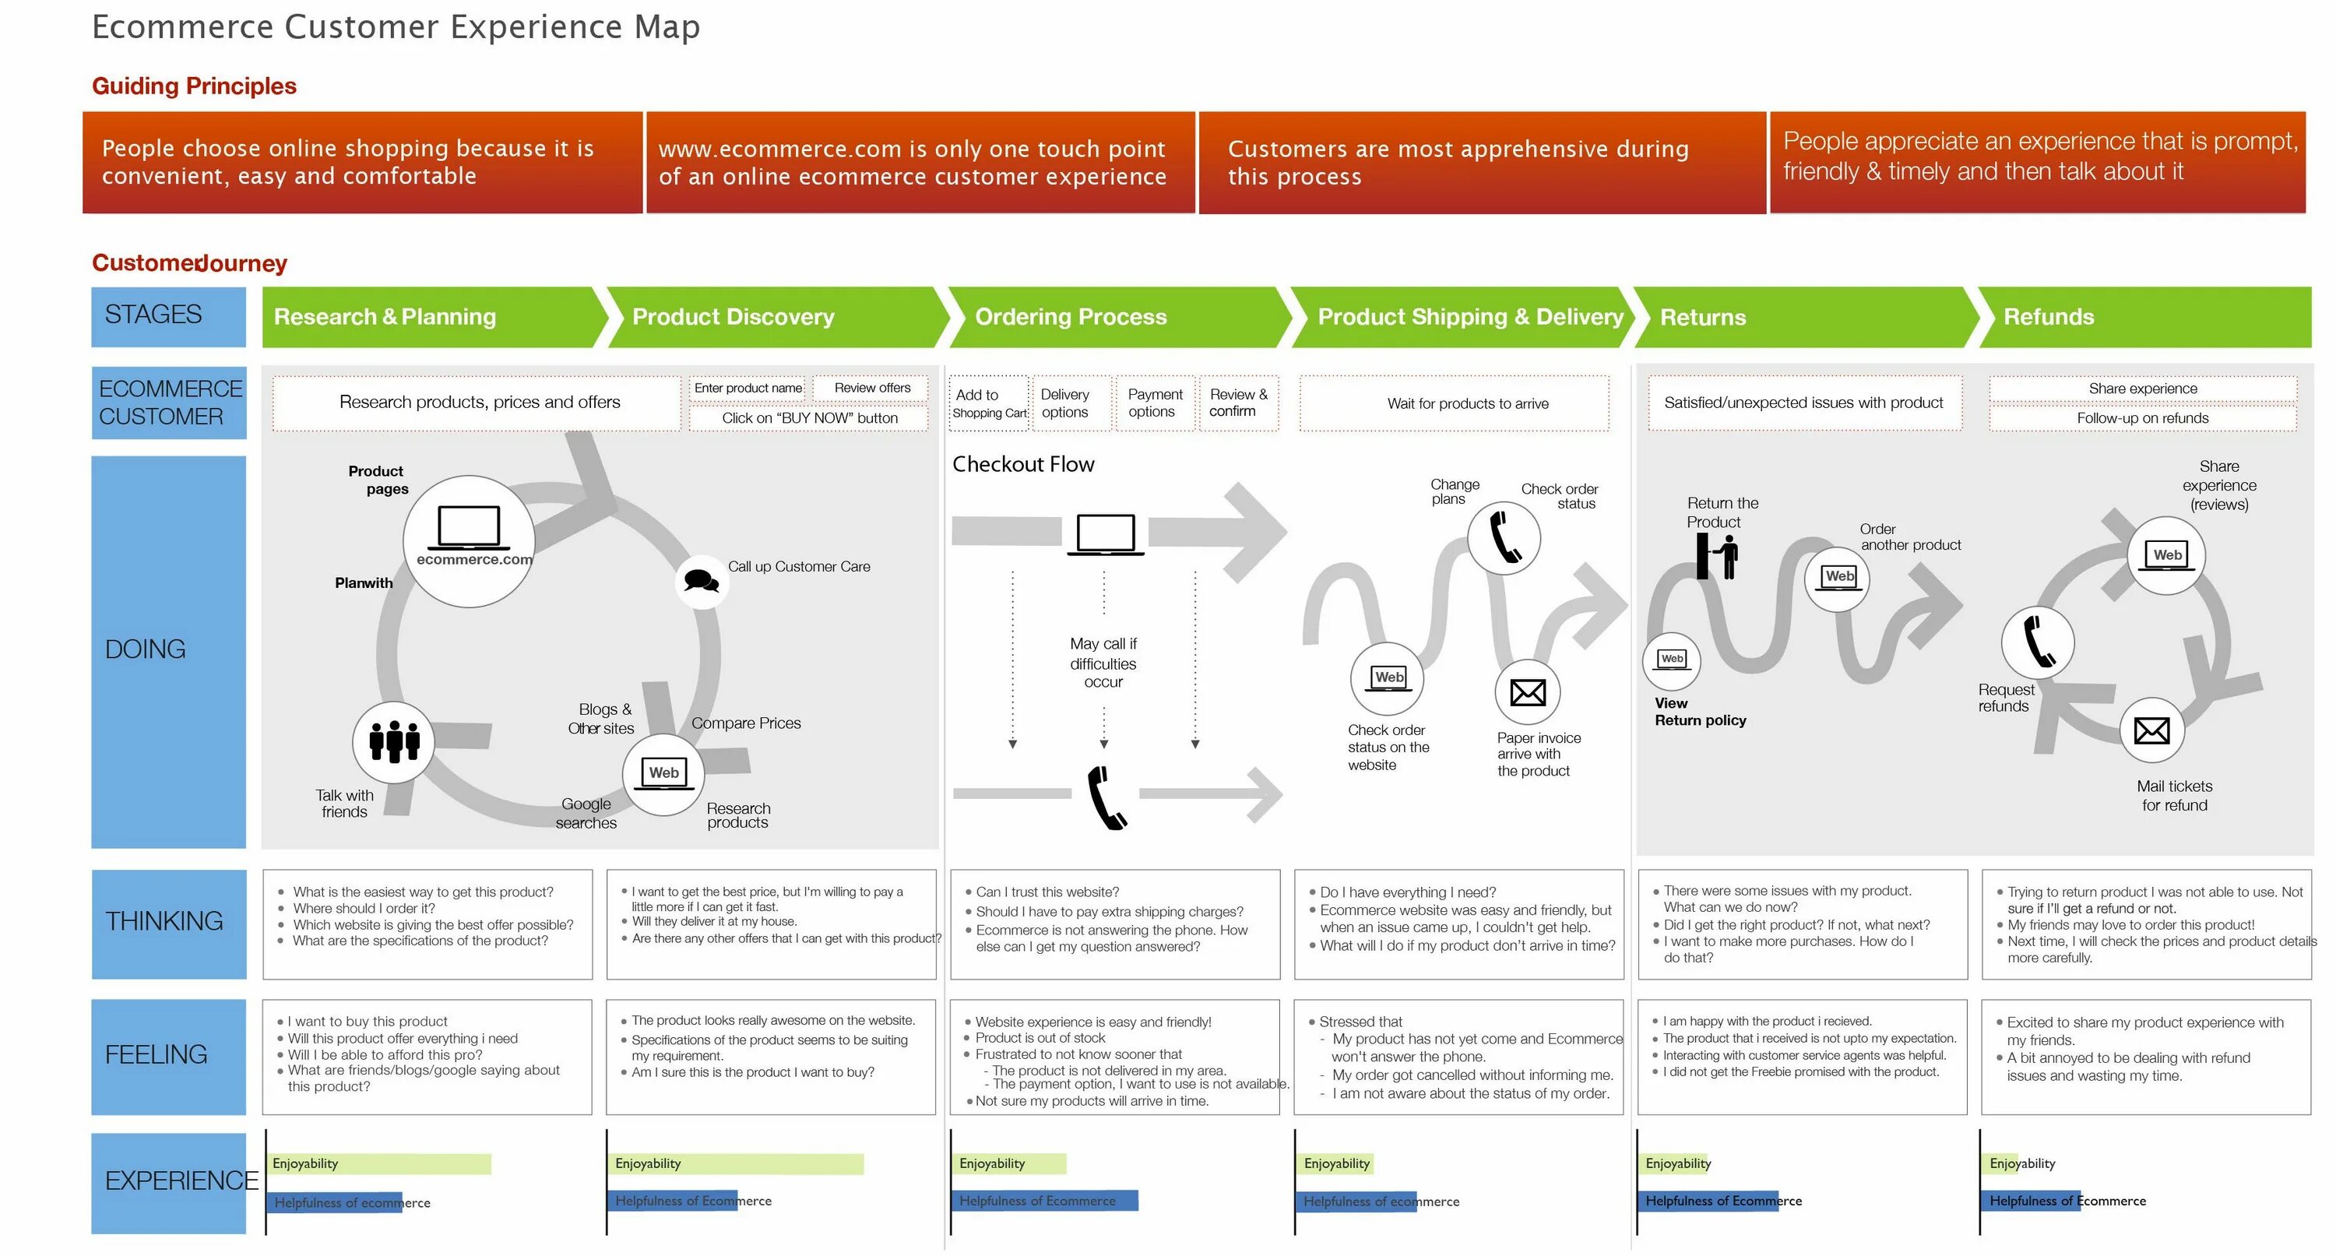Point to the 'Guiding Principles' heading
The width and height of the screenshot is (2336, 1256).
[194, 86]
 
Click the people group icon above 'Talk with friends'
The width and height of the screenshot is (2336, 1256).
[393, 742]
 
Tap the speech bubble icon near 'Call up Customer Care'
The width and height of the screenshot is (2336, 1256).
[701, 579]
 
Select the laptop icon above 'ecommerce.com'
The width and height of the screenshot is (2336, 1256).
[469, 529]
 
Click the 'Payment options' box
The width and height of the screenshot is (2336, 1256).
[1155, 403]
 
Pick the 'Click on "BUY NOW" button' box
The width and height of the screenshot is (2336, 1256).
[809, 418]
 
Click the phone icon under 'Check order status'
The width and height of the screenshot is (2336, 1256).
[1504, 538]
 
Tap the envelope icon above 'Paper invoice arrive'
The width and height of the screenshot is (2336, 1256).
[1528, 693]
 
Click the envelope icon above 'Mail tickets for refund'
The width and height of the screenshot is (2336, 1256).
[2152, 730]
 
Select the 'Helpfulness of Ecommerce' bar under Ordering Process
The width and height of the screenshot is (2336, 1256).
[1043, 1201]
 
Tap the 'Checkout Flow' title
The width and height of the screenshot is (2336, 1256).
[1023, 464]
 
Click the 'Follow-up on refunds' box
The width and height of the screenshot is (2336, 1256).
[2142, 418]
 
